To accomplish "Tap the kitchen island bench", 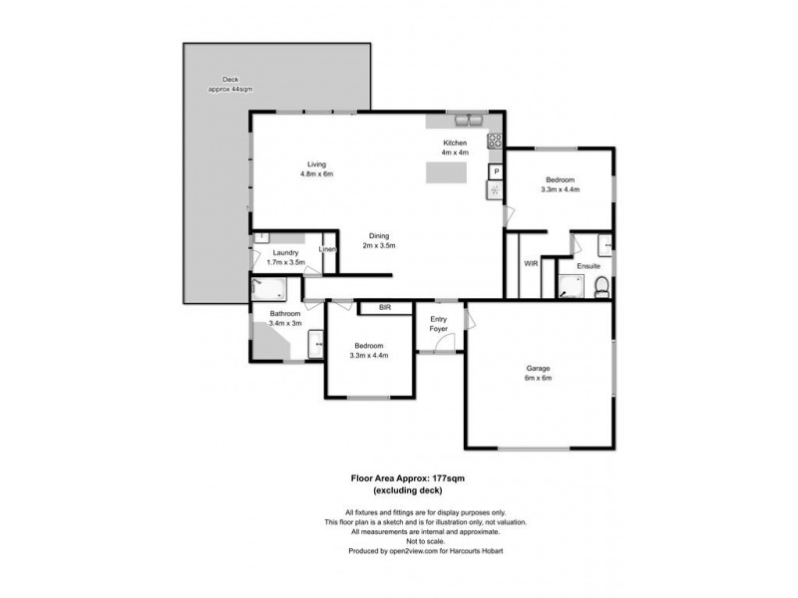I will point(446,173).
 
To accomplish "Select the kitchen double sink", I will point(467,122).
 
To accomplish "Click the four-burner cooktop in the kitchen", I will point(493,142).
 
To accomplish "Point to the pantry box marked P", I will point(495,171).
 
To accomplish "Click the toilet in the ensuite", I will point(600,288).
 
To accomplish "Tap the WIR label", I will point(531,264).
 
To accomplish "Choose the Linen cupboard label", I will point(327,249).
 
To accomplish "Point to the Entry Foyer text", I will point(438,324).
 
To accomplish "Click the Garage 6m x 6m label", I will point(538,373).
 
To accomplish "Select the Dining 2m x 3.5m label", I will point(378,240).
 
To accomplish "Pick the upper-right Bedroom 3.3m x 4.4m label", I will point(560,184).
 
